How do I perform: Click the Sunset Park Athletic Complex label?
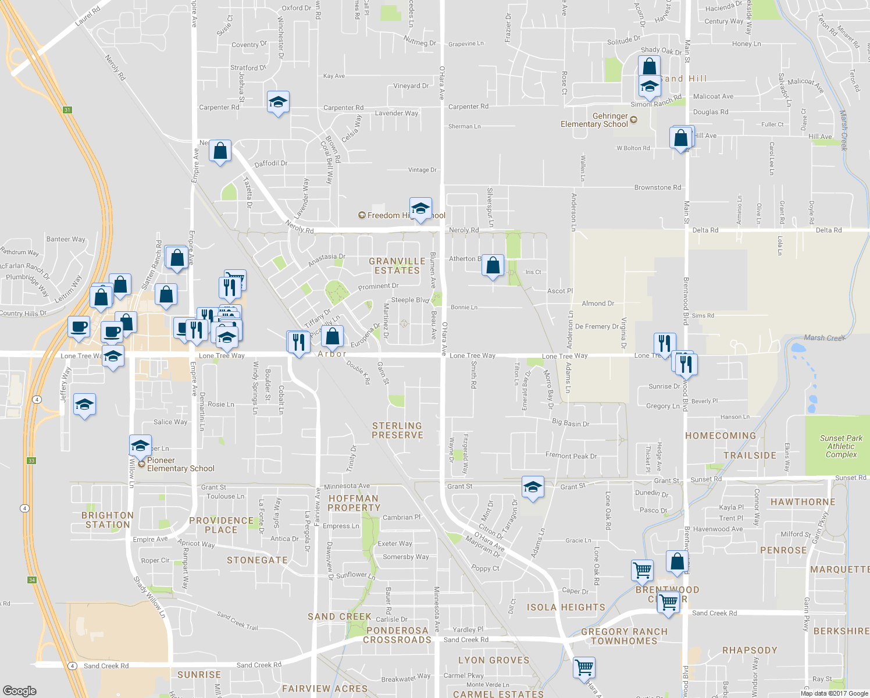click(x=841, y=446)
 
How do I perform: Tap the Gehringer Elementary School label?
click(x=594, y=120)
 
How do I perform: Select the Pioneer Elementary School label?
click(x=180, y=464)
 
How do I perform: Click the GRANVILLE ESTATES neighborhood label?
click(x=397, y=266)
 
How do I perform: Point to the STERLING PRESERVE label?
click(x=397, y=430)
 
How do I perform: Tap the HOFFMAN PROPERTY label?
click(x=354, y=503)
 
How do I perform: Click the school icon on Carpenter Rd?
click(x=278, y=102)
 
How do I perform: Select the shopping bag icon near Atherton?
click(x=493, y=266)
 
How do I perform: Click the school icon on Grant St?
click(x=532, y=487)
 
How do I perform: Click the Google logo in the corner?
click(x=20, y=690)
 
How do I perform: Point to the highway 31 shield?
click(x=67, y=110)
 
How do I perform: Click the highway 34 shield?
click(x=32, y=580)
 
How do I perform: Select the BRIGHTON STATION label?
click(x=108, y=520)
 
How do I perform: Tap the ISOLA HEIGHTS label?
click(x=566, y=607)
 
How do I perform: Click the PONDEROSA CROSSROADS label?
click(x=397, y=635)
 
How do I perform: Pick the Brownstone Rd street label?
click(x=657, y=188)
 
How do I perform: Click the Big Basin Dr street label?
click(x=571, y=423)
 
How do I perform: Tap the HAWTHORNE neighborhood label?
click(x=803, y=502)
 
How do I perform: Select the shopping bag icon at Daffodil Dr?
click(x=220, y=152)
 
